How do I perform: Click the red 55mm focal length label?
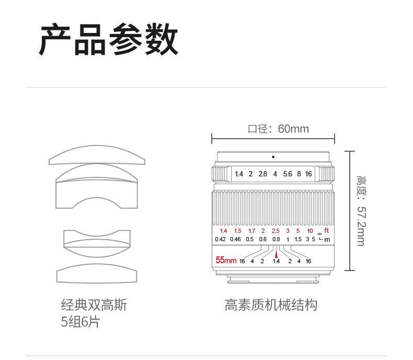coord(226,260)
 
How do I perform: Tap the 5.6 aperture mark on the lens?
coord(288,174)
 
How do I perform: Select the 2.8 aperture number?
coord(262,174)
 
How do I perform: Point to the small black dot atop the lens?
coord(273,157)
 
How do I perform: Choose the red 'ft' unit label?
coord(327,230)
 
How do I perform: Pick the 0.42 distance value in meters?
coord(220,240)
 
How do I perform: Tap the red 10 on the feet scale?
coord(310,231)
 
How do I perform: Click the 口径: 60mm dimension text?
coord(278,129)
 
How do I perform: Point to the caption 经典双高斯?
coord(94,305)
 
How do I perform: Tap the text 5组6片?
coord(80,322)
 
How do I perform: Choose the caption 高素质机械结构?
coord(271,305)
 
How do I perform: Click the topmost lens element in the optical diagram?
coord(97,155)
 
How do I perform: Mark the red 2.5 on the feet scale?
coord(276,231)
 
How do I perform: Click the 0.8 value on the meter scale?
coord(276,240)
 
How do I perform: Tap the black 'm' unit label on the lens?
coord(328,240)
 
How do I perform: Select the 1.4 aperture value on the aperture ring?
coord(239,174)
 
